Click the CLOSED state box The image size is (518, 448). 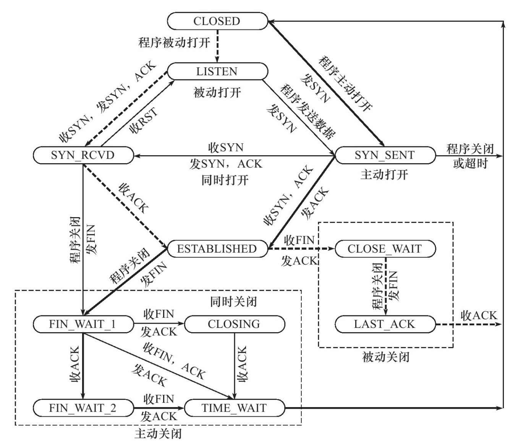coord(217,21)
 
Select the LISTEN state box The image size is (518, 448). coord(217,71)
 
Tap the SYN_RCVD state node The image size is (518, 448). coord(83,155)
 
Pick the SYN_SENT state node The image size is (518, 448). coord(385,155)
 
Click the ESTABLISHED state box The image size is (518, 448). coord(217,249)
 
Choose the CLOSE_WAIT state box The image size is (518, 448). coord(385,249)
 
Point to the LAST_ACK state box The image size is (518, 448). coord(385,325)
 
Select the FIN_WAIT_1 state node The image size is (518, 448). coord(83,325)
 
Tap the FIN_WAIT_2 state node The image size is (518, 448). coord(83,408)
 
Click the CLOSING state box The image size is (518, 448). coord(234,325)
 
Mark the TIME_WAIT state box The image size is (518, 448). coord(234,408)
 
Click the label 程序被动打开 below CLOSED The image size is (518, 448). coord(174,42)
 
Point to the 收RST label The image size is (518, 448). coord(144,121)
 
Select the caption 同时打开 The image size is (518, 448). coord(225,180)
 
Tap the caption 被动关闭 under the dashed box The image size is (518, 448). coord(385,357)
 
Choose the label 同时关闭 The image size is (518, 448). coord(233,302)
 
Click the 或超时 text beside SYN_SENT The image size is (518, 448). coord(470,164)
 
